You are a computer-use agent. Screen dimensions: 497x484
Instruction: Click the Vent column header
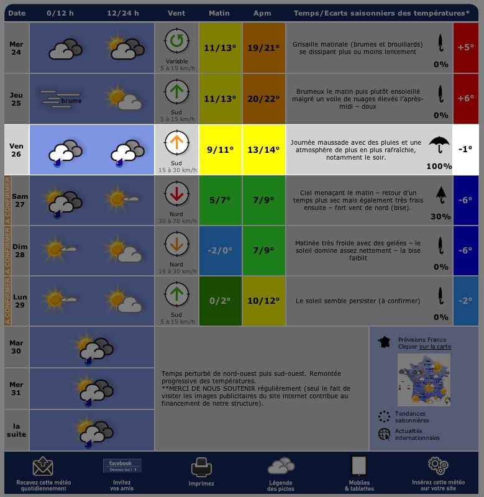point(176,13)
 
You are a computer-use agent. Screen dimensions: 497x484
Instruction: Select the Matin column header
point(219,13)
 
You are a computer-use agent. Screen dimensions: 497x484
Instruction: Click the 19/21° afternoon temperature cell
point(264,47)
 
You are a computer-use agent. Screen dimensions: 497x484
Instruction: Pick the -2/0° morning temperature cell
point(220,250)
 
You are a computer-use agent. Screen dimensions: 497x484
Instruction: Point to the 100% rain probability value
point(439,166)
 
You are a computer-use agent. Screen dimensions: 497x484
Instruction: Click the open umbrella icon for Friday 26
point(439,144)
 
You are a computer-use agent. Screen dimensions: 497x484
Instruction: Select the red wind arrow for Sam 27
point(176,193)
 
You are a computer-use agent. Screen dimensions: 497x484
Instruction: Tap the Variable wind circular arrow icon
point(176,42)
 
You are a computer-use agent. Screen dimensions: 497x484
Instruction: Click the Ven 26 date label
point(17,150)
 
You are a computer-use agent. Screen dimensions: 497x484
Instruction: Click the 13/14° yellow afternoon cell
point(264,150)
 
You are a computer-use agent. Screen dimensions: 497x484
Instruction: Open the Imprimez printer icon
point(201,467)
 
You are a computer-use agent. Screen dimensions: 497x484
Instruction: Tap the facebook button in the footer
point(122,466)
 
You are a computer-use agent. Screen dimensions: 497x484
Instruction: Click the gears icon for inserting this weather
point(438,465)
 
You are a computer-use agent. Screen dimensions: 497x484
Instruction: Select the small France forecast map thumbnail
point(424,380)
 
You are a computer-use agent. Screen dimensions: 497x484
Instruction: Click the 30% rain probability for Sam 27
point(440,216)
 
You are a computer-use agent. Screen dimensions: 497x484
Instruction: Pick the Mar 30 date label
point(17,347)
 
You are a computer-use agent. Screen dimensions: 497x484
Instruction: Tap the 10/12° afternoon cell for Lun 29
point(264,301)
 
